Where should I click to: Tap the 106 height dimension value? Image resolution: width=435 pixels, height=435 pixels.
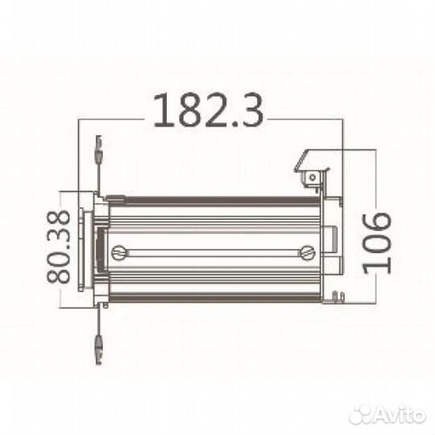[x=376, y=242]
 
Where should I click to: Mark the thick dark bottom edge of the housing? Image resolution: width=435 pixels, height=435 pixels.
[x=213, y=298]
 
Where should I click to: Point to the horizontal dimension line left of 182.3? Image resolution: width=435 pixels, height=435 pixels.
[x=113, y=120]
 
